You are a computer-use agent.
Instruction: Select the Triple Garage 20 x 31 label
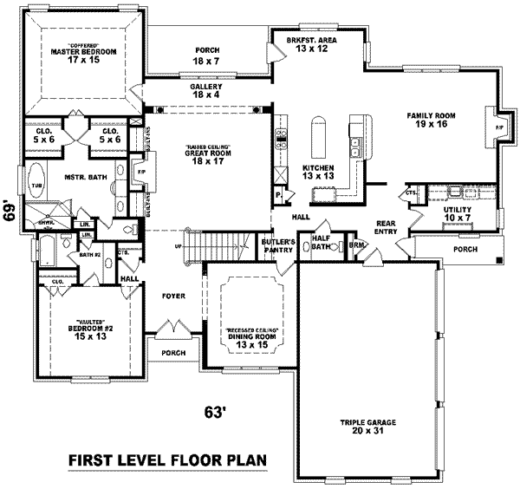[367, 427]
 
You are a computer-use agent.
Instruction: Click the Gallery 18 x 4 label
[206, 90]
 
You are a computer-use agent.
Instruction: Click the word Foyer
[174, 297]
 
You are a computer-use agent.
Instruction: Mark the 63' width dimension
[217, 413]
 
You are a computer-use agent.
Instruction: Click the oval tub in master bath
[36, 184]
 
